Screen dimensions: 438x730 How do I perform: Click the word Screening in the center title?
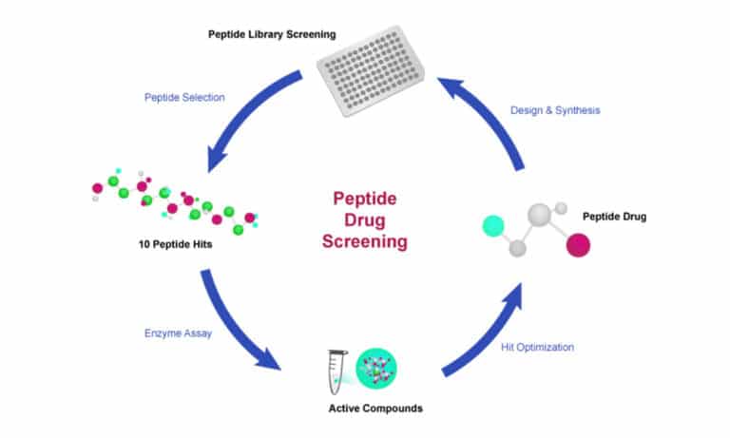[364, 242]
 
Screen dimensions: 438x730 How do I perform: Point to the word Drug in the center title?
[364, 220]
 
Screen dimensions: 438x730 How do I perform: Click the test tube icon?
[335, 368]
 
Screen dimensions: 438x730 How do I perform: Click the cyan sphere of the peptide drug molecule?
[493, 226]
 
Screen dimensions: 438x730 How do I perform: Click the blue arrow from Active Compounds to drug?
[485, 333]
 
